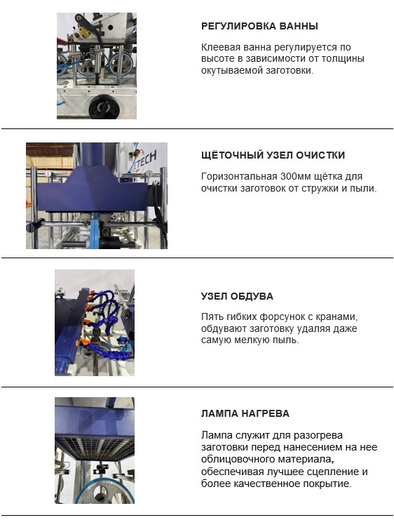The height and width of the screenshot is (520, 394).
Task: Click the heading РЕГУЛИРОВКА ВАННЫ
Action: coord(259,26)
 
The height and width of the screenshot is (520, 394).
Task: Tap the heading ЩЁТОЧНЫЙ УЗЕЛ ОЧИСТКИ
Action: coord(273,155)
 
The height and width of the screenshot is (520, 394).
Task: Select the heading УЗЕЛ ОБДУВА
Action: coord(237,296)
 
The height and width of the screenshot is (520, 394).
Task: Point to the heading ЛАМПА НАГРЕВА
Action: coord(245,413)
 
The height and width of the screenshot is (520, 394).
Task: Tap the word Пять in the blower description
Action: coord(212,316)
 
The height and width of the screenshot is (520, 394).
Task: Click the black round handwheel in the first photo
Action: coord(102,106)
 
